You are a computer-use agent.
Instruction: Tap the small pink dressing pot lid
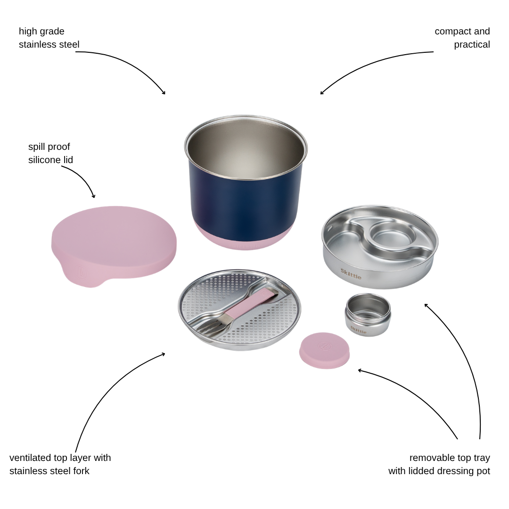324,350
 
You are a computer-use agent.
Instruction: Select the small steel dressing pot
368,314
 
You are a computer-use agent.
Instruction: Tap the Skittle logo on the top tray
351,274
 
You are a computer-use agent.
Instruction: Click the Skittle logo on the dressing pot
358,330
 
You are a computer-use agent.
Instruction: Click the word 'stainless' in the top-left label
38,44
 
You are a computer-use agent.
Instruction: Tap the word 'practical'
472,44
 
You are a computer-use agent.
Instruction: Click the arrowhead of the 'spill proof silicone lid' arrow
94,197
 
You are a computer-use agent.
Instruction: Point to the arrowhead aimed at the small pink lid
359,370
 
